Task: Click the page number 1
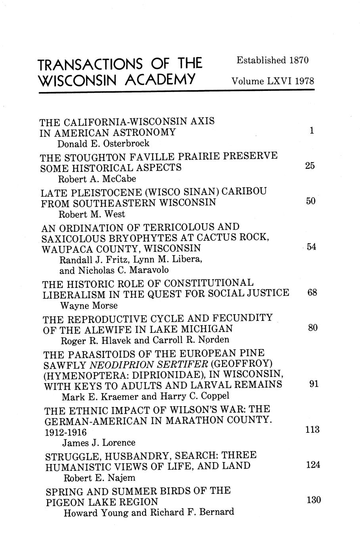312,131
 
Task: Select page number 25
310,166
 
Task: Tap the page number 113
313,430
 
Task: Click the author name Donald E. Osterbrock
103,143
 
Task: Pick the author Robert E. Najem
96,478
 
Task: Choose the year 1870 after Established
299,60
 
